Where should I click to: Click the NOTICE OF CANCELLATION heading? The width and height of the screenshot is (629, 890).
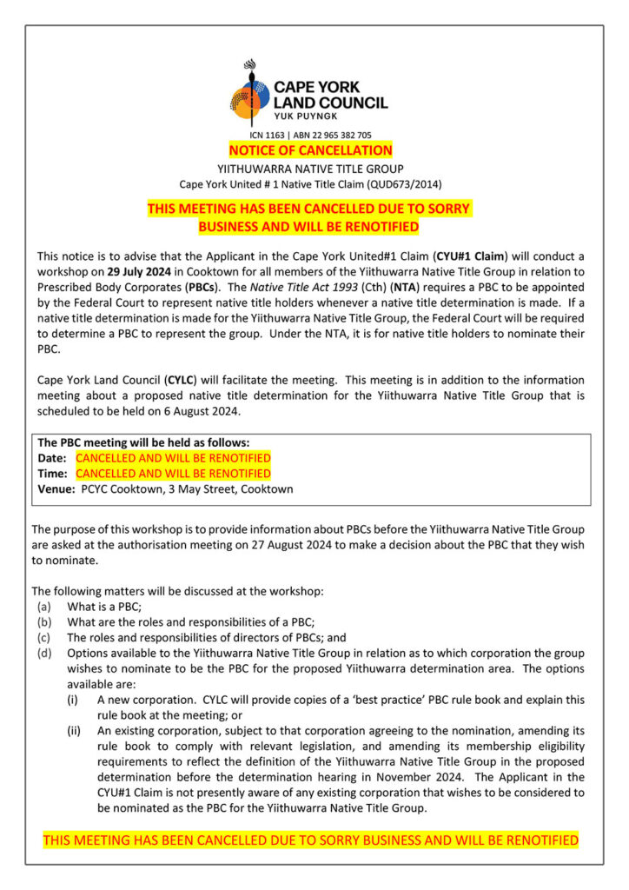(x=310, y=150)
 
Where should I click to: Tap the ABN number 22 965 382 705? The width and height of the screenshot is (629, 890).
(x=341, y=136)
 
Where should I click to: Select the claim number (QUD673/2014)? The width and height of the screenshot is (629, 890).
(x=405, y=183)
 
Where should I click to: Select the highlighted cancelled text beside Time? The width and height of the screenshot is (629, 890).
(x=173, y=474)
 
